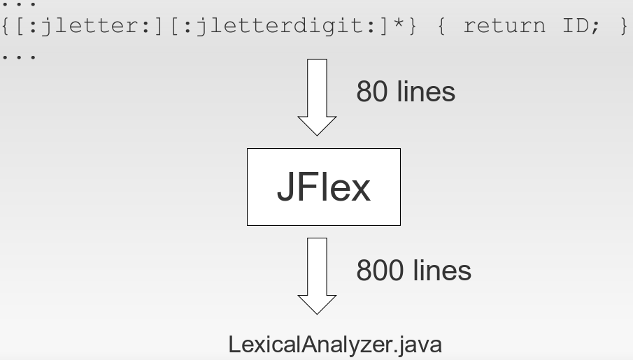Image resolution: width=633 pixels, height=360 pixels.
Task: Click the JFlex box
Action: pyautogui.click(x=323, y=187)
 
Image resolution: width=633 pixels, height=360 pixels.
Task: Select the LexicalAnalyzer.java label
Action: pyautogui.click(x=335, y=345)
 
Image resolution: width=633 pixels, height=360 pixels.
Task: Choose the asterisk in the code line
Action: pyautogui.click(x=399, y=26)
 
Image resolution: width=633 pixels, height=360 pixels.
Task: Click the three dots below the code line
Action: pyautogui.click(x=19, y=55)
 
